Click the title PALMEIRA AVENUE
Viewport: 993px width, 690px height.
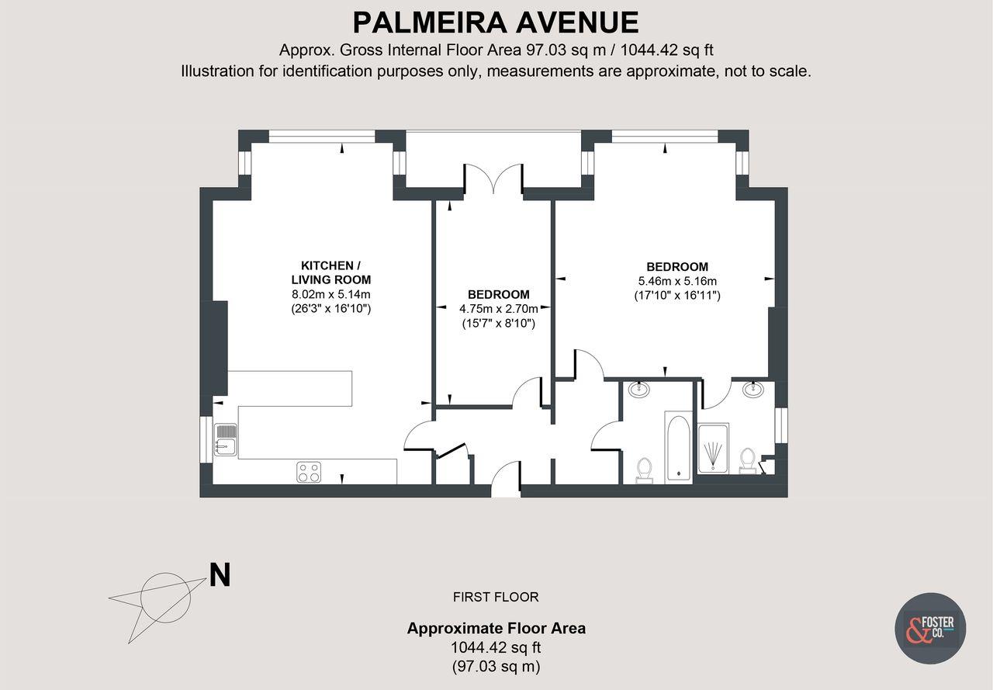[x=496, y=22]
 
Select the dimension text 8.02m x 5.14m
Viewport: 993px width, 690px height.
[x=330, y=294]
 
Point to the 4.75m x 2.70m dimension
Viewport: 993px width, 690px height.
[x=498, y=309]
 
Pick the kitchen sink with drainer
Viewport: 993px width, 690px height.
[x=226, y=439]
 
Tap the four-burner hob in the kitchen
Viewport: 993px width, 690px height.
[x=309, y=471]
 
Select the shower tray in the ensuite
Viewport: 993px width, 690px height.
[x=712, y=449]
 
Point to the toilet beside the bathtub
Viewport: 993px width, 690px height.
[x=644, y=469]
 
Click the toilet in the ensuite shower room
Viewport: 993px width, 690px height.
[x=748, y=459]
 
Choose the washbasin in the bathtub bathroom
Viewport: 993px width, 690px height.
[x=639, y=389]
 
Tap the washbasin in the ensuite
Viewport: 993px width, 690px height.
[x=752, y=389]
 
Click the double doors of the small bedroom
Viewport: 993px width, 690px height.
[x=493, y=179]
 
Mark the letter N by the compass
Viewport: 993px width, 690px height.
[x=220, y=576]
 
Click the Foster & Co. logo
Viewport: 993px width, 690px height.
[x=929, y=628]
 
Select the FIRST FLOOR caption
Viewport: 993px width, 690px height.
[x=496, y=597]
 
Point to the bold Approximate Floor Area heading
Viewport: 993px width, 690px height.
[x=496, y=629]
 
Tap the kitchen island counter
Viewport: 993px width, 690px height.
[x=290, y=386]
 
